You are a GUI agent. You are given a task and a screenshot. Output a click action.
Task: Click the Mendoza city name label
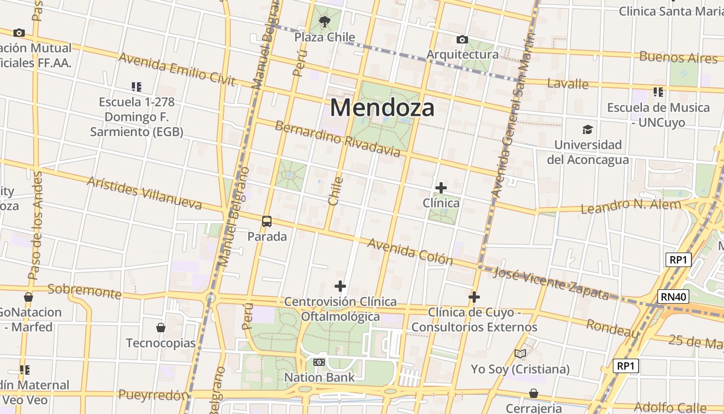click(382, 108)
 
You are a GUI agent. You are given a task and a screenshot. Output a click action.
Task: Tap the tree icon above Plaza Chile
click(325, 21)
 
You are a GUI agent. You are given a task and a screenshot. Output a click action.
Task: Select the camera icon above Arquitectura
click(462, 39)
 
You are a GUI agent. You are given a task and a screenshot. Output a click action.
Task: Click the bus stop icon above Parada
click(267, 221)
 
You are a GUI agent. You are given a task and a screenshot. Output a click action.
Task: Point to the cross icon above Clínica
click(441, 188)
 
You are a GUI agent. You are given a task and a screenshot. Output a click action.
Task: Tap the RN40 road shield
click(673, 297)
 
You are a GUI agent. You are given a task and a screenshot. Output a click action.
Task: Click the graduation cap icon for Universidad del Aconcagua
click(587, 129)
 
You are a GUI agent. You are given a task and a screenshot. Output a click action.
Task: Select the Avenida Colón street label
click(410, 252)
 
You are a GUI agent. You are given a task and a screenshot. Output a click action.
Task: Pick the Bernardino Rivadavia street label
click(337, 139)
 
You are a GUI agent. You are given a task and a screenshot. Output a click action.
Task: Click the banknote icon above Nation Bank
click(319, 362)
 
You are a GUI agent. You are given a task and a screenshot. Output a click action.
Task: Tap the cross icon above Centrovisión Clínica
click(340, 286)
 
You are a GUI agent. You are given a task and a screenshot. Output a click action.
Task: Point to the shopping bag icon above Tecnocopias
click(161, 328)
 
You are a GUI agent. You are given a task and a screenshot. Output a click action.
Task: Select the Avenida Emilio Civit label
click(177, 69)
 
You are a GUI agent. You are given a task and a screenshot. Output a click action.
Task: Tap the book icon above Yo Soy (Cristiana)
click(520, 354)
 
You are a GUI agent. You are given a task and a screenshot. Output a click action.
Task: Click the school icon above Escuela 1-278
click(137, 86)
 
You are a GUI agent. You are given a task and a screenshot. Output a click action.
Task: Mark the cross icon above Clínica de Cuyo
click(474, 297)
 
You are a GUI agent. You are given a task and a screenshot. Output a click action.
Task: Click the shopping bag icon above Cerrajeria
click(533, 393)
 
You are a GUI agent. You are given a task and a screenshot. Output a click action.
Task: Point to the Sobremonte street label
click(84, 291)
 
